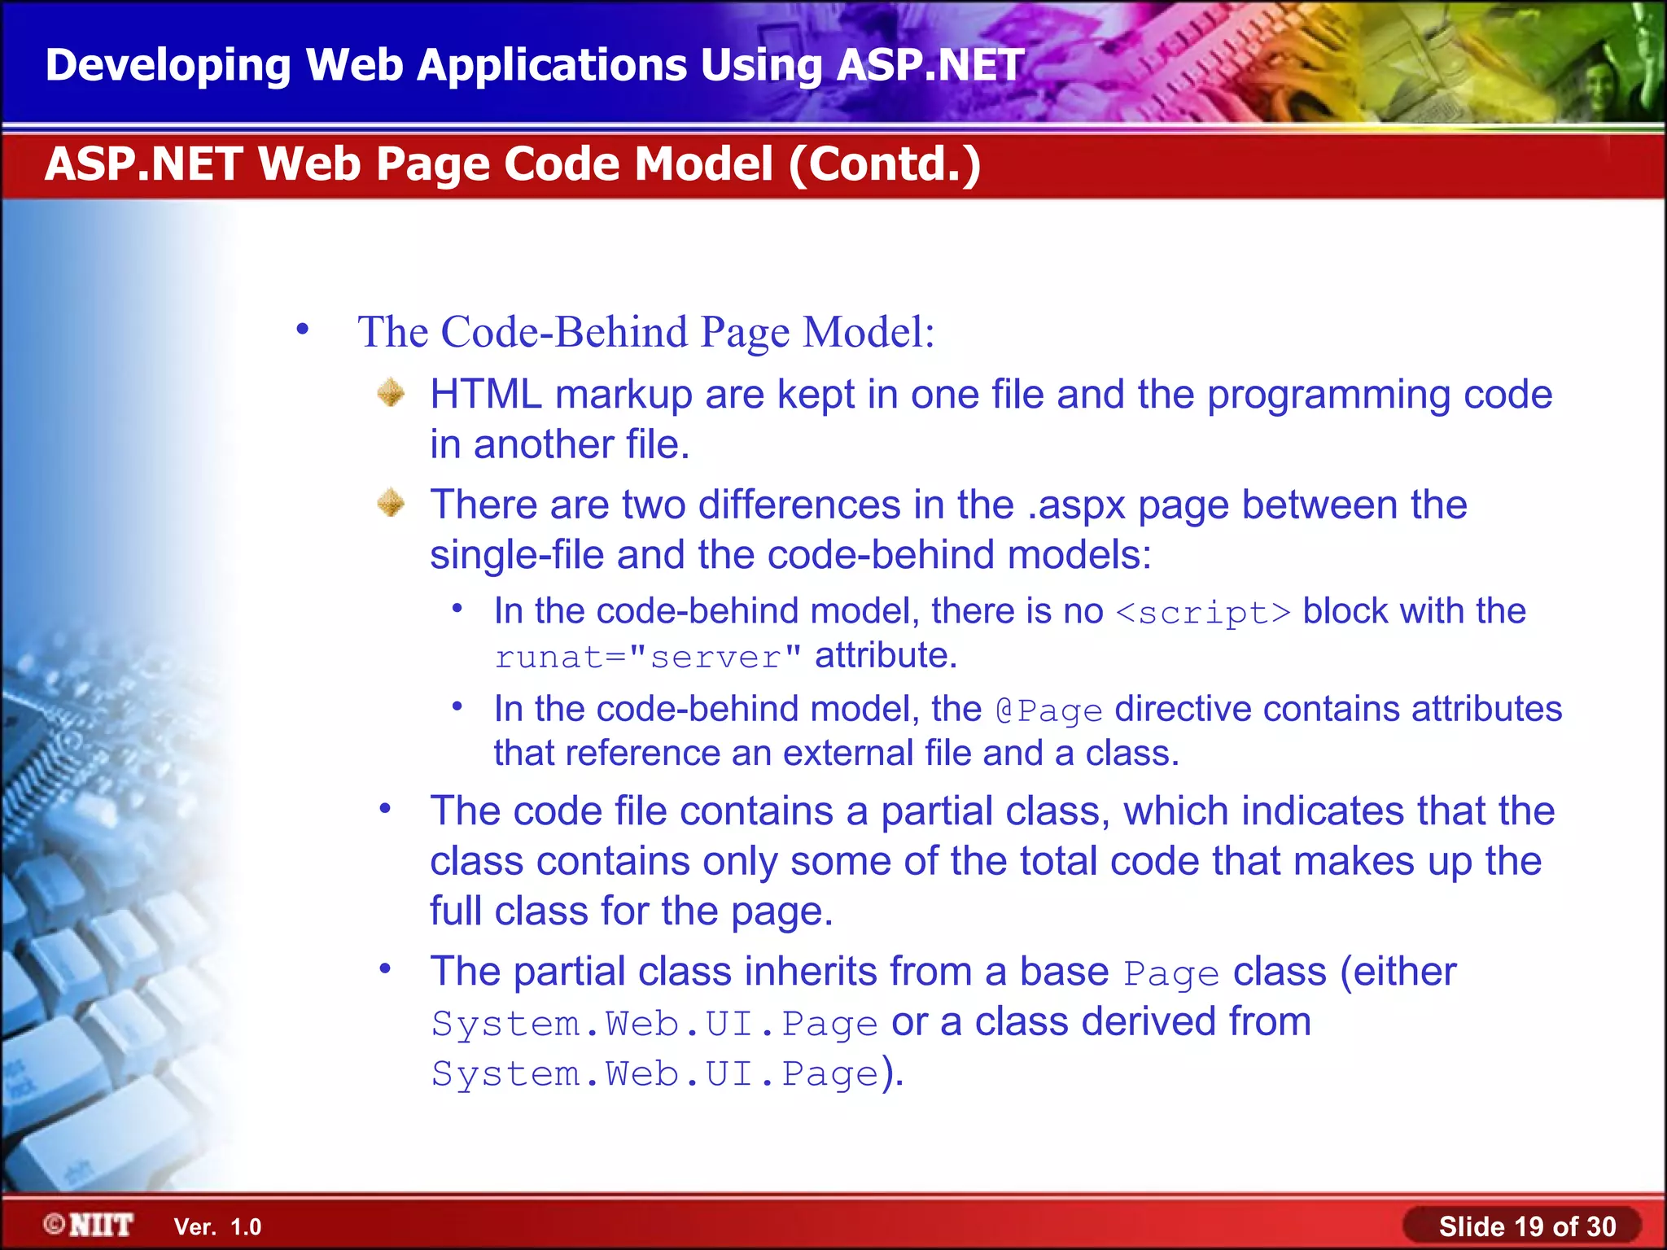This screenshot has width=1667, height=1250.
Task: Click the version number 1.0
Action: [x=246, y=1227]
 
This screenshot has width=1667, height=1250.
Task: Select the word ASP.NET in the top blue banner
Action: [x=930, y=65]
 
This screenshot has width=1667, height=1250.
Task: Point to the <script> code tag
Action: [x=1203, y=613]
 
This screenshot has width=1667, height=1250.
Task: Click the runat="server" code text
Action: [x=648, y=657]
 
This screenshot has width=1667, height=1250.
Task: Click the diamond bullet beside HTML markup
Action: [x=392, y=393]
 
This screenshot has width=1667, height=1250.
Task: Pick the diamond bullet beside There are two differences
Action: [x=392, y=503]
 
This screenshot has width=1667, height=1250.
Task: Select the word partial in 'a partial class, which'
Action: [x=937, y=811]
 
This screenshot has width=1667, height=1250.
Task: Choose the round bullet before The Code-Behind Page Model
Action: [x=303, y=330]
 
